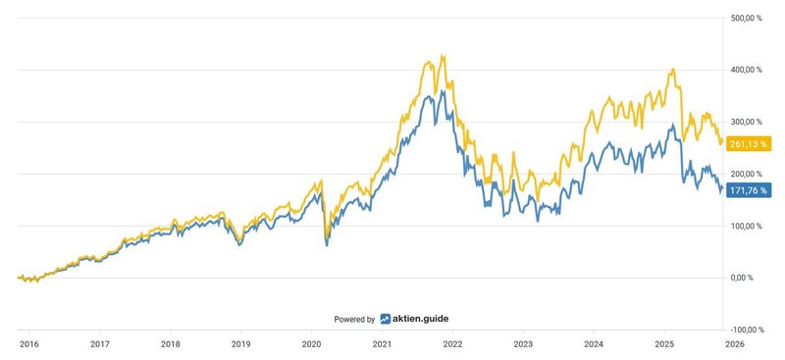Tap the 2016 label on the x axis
28,344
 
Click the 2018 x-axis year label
170,344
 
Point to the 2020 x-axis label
311,344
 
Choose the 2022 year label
452,344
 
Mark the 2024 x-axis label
594,344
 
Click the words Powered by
354,320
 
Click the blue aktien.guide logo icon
386,319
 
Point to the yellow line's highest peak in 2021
444,55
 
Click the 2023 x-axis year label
523,344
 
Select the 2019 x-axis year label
240,344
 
